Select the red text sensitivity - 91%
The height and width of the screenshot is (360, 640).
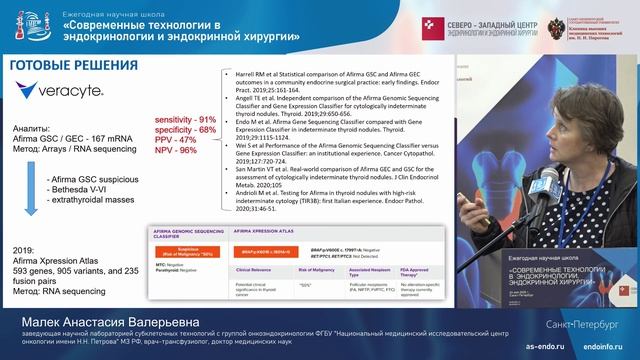tap(185, 120)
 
